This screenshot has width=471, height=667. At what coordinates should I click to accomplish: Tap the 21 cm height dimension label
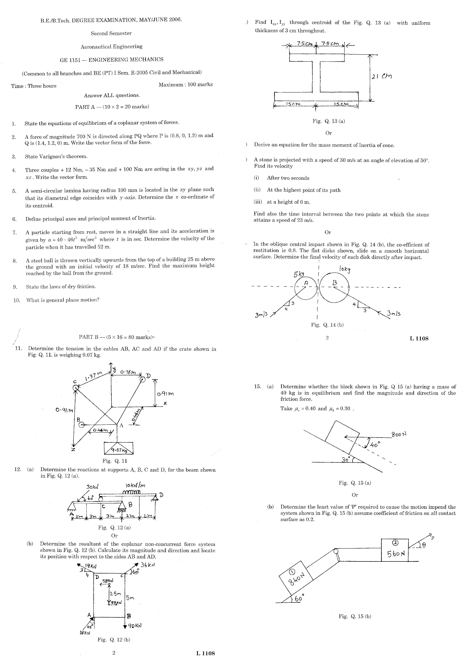(x=381, y=76)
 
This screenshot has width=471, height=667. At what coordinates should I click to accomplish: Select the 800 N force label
(x=399, y=435)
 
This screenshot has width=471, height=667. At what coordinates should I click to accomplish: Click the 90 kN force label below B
(x=135, y=626)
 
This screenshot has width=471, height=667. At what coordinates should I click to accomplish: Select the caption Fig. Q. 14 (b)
(x=327, y=325)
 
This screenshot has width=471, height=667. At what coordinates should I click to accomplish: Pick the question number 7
(x=14, y=232)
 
